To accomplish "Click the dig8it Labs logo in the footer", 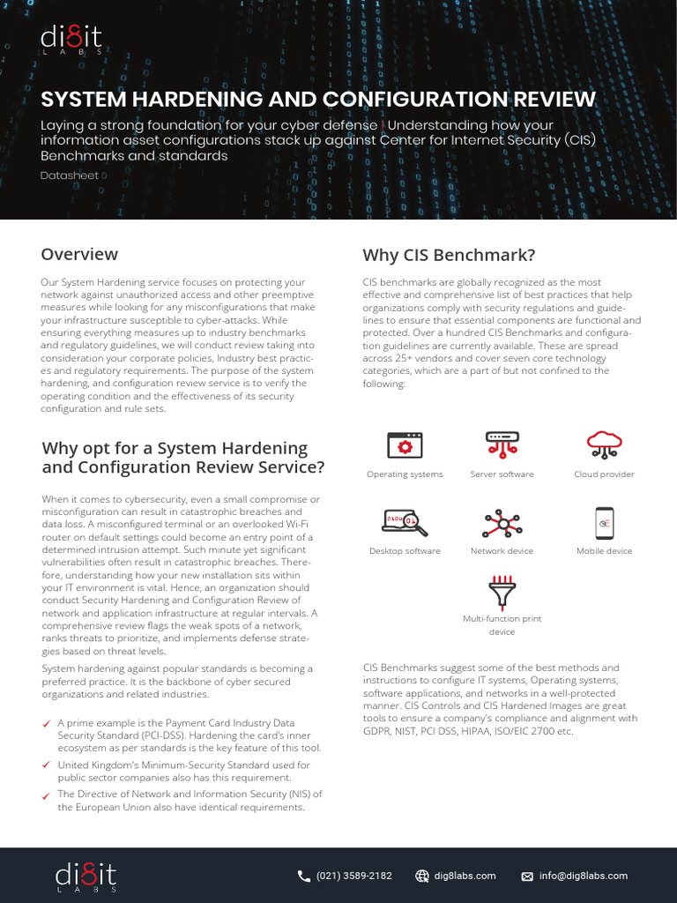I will tap(86, 877).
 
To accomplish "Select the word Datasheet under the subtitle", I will tap(70, 175).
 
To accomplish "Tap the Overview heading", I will tap(79, 254).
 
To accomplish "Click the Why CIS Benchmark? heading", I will tap(449, 256).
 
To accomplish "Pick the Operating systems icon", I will tap(405, 446).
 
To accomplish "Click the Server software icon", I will tap(502, 445).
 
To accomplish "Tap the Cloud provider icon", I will tap(604, 445).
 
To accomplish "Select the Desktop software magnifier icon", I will tap(405, 523).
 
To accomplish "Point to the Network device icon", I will tap(502, 524).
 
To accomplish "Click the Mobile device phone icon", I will tap(604, 523).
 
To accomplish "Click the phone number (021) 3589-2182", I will tap(353, 876).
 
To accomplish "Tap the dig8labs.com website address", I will tap(466, 876).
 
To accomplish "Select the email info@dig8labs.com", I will tap(584, 876).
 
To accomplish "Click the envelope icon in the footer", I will tap(527, 877).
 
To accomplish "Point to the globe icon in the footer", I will tap(422, 877).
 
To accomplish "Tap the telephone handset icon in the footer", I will tap(304, 876).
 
